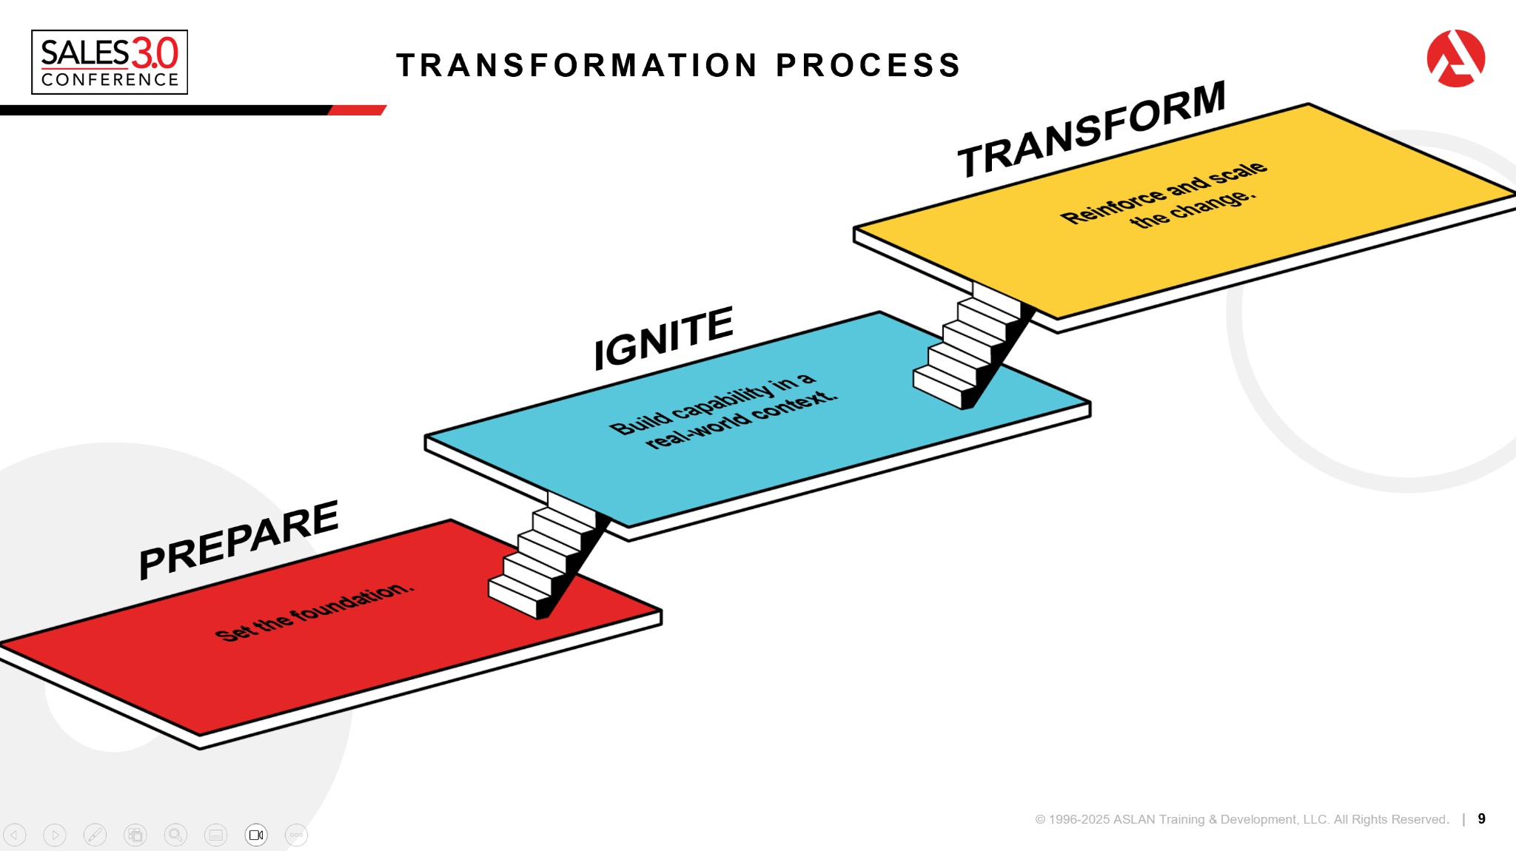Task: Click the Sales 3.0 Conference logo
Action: (x=110, y=62)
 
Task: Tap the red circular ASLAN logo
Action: (x=1455, y=58)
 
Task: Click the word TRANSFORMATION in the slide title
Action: (x=577, y=65)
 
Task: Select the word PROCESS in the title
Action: (x=868, y=65)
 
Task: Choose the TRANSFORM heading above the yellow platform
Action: (x=1091, y=129)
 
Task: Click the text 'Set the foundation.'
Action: (x=315, y=612)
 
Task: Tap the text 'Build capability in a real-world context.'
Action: (x=723, y=410)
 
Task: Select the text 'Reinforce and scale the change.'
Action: (x=1164, y=196)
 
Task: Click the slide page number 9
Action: (x=1481, y=818)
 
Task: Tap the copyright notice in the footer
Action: (x=1241, y=819)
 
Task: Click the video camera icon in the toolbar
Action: (x=256, y=835)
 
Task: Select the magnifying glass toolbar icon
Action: (x=175, y=835)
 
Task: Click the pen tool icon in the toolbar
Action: (x=95, y=835)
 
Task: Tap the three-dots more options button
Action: (x=296, y=835)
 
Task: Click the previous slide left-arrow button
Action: (x=15, y=835)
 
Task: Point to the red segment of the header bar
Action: (x=358, y=110)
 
